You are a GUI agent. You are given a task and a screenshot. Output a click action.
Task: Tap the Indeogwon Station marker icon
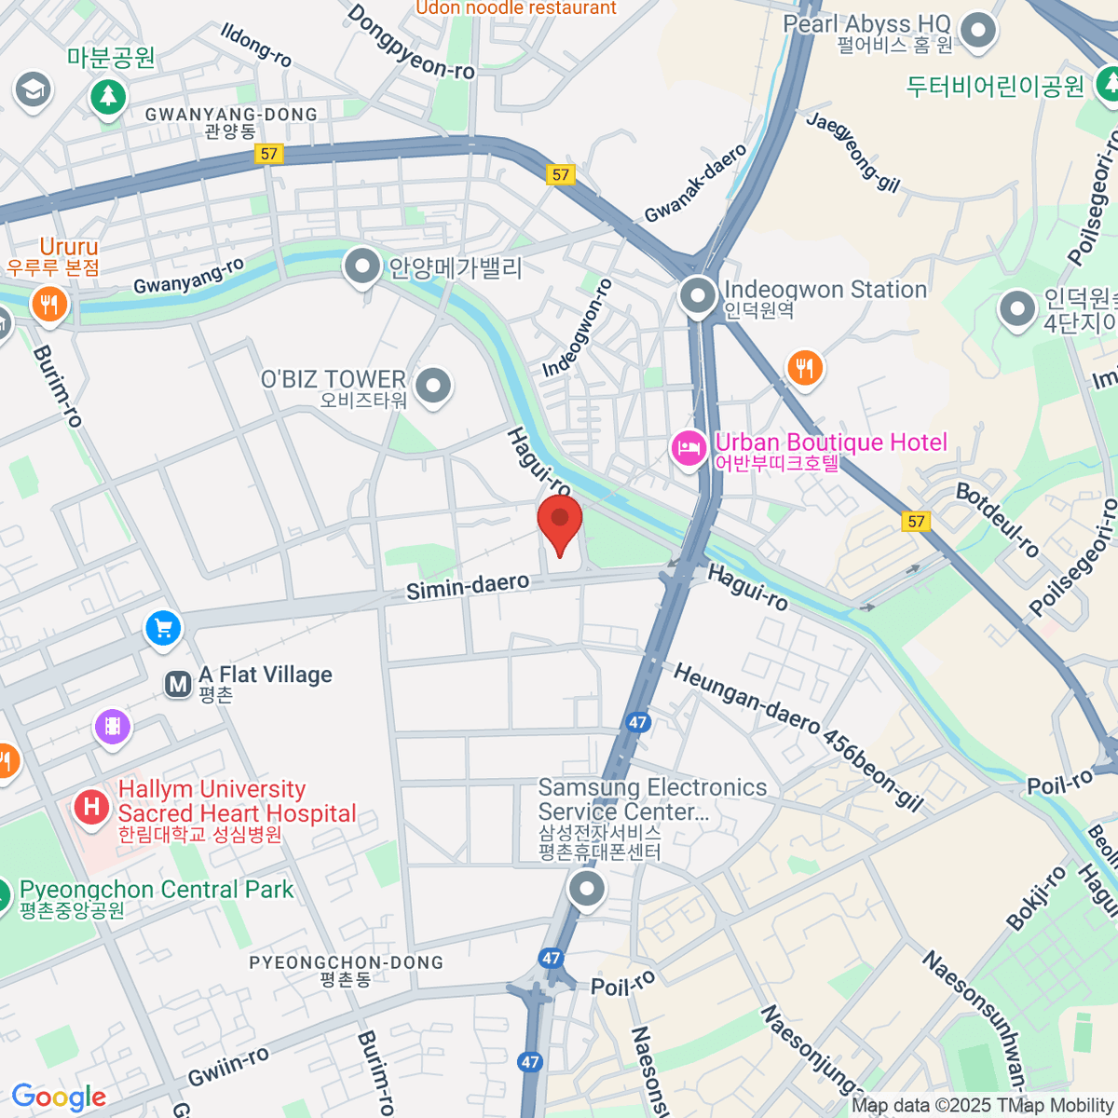(x=697, y=296)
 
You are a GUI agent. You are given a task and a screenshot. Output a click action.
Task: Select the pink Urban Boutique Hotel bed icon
(x=689, y=450)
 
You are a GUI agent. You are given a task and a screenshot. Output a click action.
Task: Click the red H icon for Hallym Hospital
(x=91, y=805)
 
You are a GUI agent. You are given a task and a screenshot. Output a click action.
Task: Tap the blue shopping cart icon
(x=164, y=628)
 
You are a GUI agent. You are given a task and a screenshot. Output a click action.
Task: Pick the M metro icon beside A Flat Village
(x=178, y=685)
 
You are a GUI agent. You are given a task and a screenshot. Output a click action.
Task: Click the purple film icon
(x=113, y=726)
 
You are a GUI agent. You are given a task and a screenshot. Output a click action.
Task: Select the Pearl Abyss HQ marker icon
(x=978, y=31)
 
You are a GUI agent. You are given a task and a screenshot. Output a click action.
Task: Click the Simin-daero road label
(x=468, y=586)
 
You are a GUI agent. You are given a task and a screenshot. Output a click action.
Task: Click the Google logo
(x=59, y=1097)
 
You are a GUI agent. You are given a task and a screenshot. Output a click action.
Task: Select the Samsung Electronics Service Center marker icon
(x=586, y=889)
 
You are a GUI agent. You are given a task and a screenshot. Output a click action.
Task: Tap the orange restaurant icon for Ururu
(x=48, y=303)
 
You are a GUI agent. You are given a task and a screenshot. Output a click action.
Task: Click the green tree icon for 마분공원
(x=108, y=95)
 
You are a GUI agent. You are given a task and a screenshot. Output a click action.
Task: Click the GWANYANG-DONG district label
(x=231, y=115)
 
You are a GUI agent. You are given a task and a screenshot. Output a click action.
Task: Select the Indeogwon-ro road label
(x=578, y=328)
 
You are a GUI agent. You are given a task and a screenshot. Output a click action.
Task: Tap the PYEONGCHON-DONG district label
(x=346, y=962)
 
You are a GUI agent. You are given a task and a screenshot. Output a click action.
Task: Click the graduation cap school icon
(x=33, y=90)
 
